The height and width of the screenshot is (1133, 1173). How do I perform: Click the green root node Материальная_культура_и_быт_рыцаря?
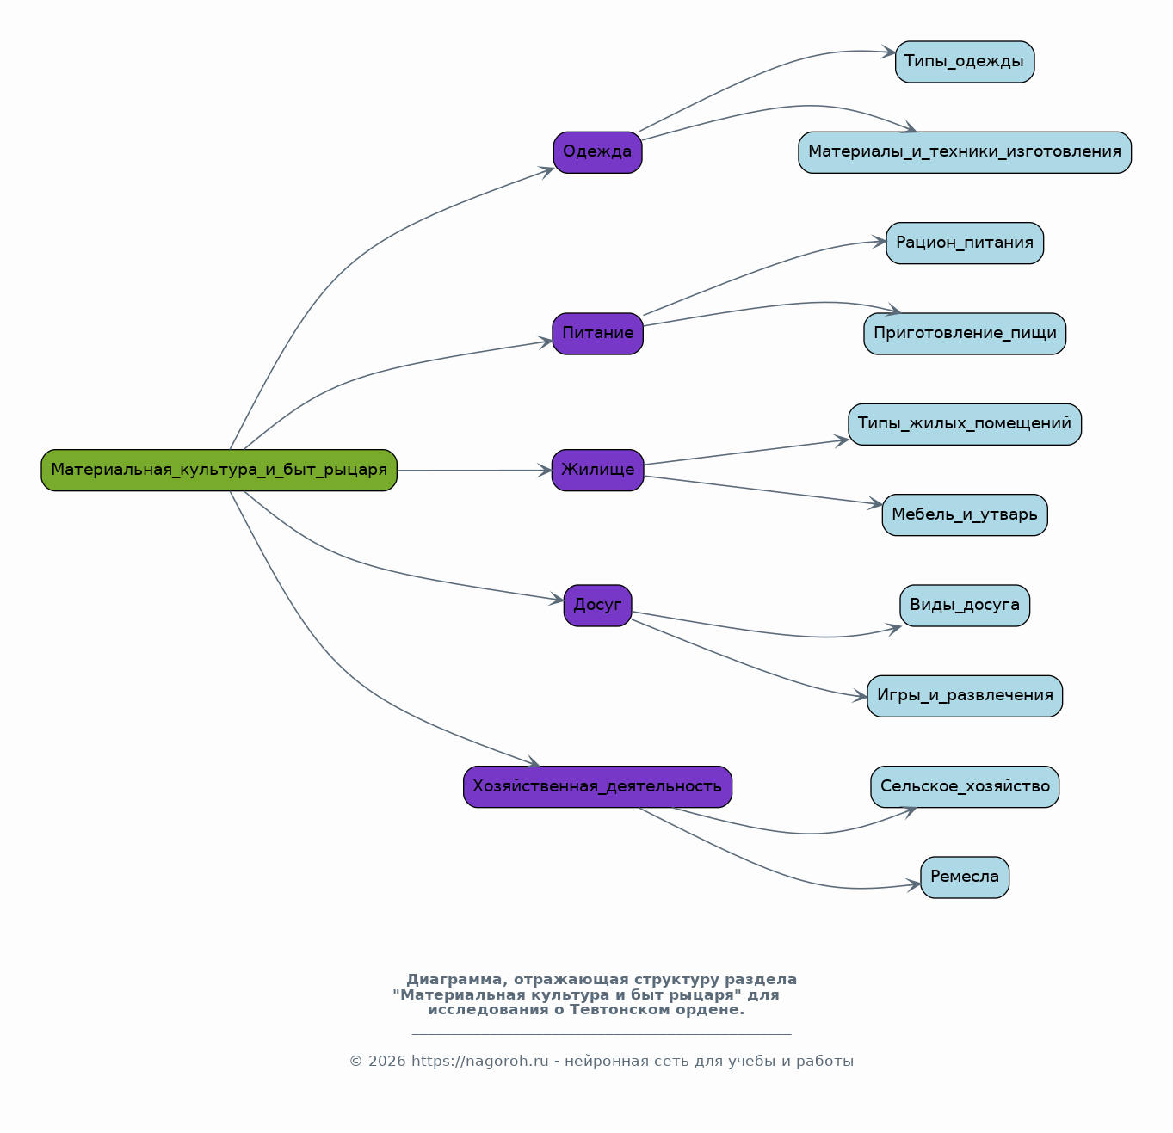point(219,470)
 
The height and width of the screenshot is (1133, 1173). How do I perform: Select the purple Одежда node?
point(597,152)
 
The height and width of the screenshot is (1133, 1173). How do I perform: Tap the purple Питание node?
point(597,334)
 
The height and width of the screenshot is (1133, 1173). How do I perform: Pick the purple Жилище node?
point(597,470)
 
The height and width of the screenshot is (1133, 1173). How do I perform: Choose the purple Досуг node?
point(597,606)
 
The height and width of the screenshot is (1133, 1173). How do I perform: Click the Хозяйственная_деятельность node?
point(597,787)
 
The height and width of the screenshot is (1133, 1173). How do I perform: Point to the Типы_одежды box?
point(965,62)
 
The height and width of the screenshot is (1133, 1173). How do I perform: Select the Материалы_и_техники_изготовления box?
point(965,152)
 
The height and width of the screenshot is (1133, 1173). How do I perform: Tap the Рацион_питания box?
point(965,243)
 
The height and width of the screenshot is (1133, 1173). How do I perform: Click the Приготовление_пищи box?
point(965,334)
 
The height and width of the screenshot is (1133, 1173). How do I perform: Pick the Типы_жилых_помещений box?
point(965,424)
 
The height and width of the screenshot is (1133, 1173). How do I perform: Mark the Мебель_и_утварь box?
point(965,515)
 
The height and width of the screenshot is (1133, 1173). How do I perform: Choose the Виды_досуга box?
point(965,606)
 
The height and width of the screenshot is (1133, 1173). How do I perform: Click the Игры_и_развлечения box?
point(965,696)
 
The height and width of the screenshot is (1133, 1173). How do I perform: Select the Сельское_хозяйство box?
point(965,787)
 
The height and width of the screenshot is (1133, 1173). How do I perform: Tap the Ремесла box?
point(965,877)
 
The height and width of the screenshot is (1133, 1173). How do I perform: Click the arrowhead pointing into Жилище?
point(545,471)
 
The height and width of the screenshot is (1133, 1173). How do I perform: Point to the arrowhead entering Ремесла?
point(914,884)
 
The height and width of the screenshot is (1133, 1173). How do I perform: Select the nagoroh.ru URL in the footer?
point(480,1062)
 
